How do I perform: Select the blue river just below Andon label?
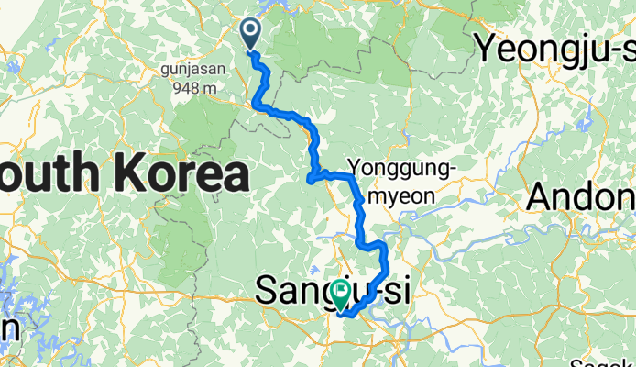pyautogui.click(x=587, y=226)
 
